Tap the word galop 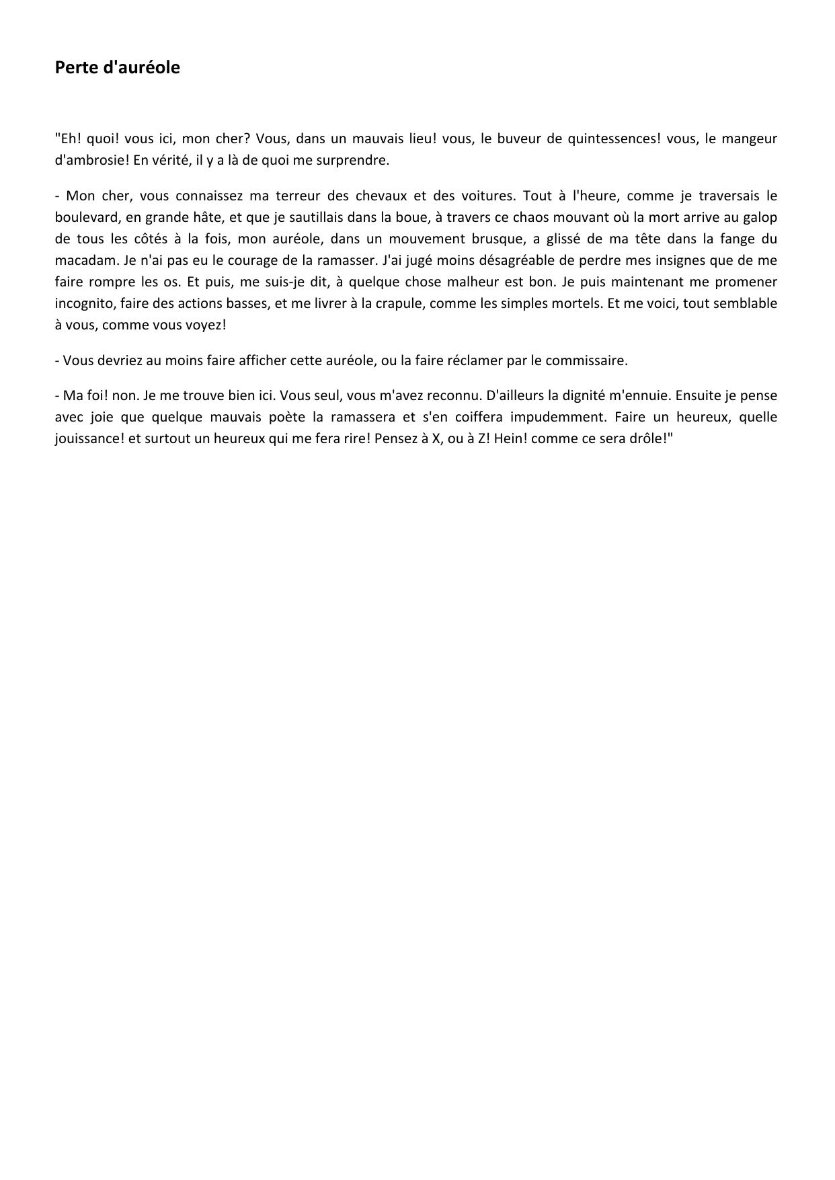click(760, 217)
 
